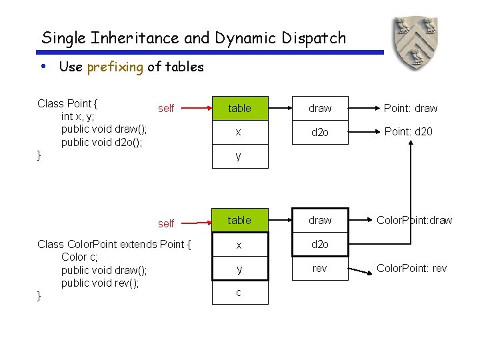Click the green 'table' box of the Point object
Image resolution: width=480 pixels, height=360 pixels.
coord(240,108)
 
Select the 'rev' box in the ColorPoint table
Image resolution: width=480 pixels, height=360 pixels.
coord(320,269)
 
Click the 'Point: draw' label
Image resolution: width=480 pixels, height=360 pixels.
coord(411,108)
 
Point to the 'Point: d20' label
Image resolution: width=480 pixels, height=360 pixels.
coord(409,131)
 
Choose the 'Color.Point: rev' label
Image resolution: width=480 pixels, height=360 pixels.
coord(411,268)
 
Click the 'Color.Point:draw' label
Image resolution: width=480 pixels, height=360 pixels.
coord(414,220)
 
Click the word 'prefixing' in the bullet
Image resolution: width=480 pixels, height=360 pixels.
coord(115,67)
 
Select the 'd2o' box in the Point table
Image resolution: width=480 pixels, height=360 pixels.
coord(320,132)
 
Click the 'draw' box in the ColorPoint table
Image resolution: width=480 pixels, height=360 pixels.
coord(320,220)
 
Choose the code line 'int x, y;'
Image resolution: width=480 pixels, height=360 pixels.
coord(77,116)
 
